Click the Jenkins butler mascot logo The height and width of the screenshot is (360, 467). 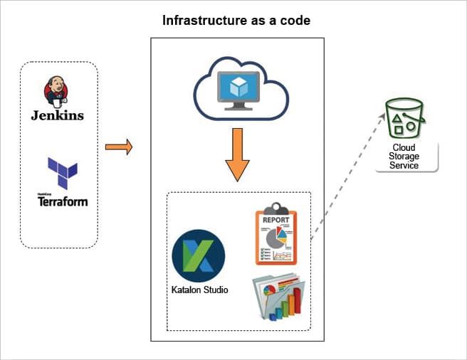[57, 90]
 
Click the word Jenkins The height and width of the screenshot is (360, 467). [57, 115]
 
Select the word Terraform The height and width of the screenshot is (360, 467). [63, 201]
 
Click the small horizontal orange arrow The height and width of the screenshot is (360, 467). [119, 148]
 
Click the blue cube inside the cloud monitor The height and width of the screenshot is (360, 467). [237, 87]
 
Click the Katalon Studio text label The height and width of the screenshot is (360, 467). [199, 290]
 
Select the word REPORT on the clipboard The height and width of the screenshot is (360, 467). [276, 221]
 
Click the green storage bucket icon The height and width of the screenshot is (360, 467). [403, 118]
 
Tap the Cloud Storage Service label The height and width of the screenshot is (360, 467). [404, 157]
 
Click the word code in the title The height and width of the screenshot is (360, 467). [296, 19]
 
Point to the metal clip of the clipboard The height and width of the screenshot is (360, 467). [276, 208]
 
